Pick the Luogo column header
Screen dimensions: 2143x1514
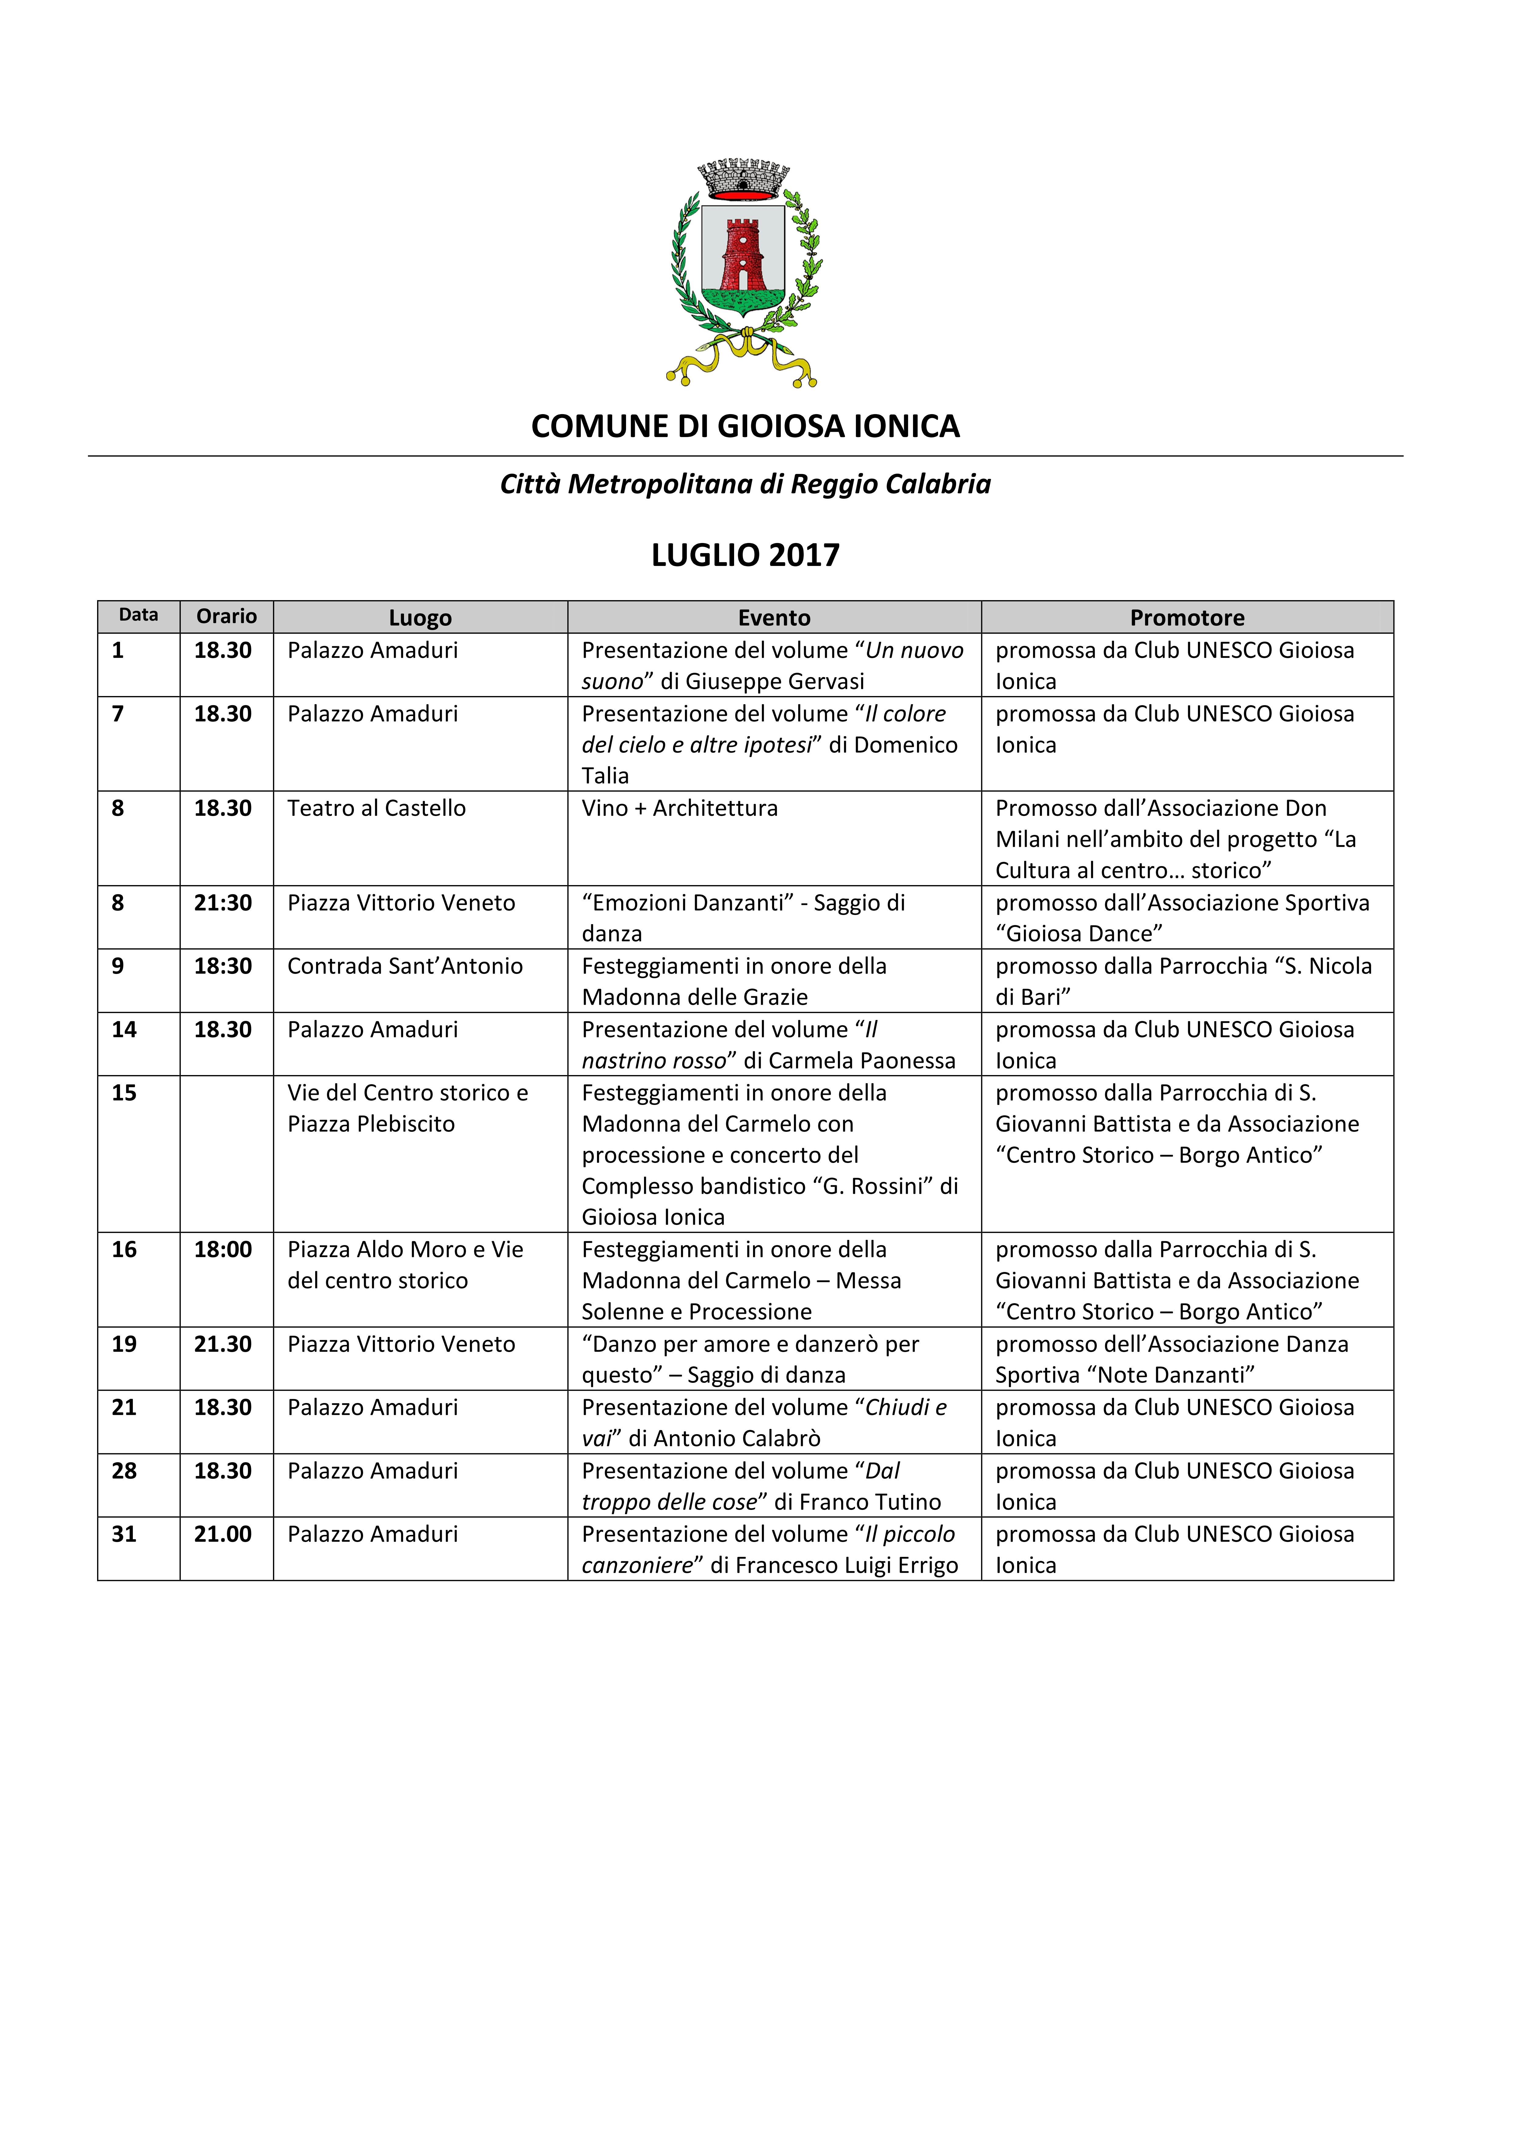[420, 618]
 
